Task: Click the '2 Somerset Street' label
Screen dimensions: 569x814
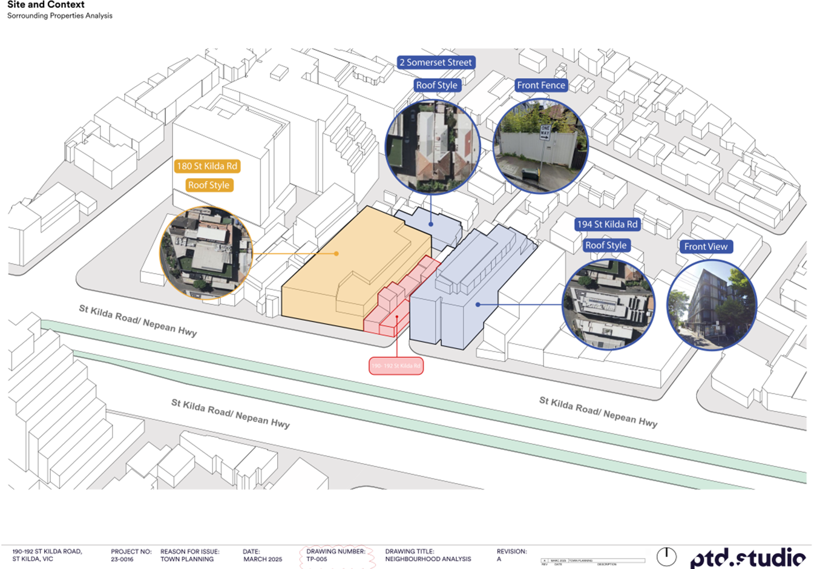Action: [x=436, y=62]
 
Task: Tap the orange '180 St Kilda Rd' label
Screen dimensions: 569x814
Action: [x=207, y=166]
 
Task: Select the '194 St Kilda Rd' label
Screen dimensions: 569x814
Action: [x=607, y=224]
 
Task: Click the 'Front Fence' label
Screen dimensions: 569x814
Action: [x=541, y=85]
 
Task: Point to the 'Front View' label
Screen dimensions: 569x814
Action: [x=706, y=246]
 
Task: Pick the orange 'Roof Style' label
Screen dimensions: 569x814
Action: [x=208, y=185]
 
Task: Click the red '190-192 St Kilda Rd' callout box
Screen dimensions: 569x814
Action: [x=396, y=366]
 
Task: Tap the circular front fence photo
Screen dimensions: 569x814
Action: [x=540, y=146]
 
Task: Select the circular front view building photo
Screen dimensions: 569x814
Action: [x=712, y=304]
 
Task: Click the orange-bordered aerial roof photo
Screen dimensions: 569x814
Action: [x=206, y=253]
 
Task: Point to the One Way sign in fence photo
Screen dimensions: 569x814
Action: [x=545, y=133]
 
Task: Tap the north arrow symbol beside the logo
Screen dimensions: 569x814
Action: [x=666, y=556]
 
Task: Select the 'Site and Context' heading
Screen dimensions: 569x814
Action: [x=46, y=5]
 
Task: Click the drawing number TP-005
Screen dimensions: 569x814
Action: [x=317, y=559]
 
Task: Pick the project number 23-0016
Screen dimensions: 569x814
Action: [x=122, y=559]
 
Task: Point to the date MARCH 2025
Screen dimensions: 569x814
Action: [x=263, y=559]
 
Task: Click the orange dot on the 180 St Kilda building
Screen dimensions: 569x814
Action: [x=336, y=254]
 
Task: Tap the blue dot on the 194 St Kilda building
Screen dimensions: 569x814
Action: [x=478, y=304]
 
